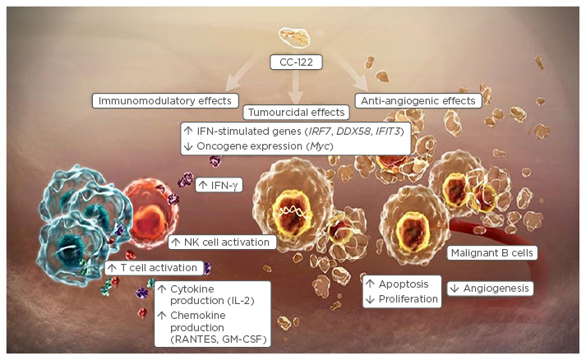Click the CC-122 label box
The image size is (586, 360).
coord(295,62)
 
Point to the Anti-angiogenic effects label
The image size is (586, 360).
coord(416,101)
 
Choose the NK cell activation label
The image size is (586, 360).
coord(221,242)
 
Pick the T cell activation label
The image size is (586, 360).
coord(153,267)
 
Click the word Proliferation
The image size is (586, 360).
coord(408,298)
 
